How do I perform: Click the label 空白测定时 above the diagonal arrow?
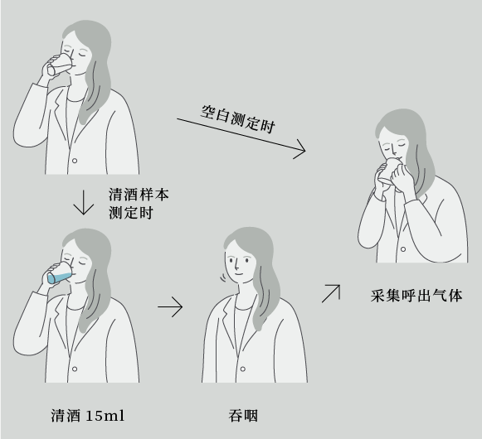(237, 119)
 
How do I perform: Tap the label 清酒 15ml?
(88, 416)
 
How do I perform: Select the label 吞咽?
(243, 416)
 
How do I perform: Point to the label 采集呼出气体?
(416, 296)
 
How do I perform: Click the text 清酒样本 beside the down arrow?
(139, 195)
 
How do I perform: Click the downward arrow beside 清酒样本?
(83, 203)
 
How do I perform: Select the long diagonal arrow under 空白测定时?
(241, 135)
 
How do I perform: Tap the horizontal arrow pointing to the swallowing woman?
(170, 306)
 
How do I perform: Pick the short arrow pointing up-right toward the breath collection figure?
(331, 293)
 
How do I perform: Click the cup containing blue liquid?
(60, 273)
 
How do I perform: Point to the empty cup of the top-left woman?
(60, 65)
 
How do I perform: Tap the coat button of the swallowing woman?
(242, 369)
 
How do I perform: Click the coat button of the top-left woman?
(75, 161)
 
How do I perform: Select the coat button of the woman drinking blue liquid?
(75, 369)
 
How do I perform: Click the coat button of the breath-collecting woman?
(403, 249)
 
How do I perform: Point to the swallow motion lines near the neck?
(223, 278)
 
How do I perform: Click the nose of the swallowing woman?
(236, 263)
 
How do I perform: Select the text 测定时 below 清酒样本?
(131, 213)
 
